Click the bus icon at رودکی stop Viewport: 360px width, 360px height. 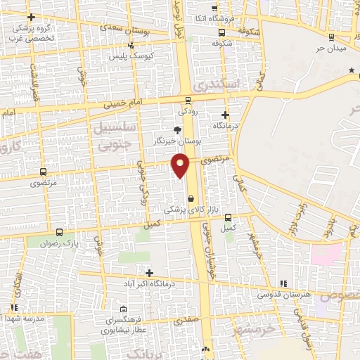coord(188,100)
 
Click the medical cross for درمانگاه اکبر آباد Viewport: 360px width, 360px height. coord(149,272)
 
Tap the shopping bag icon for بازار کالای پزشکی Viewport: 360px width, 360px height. coord(191,199)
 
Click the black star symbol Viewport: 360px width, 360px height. coord(352,70)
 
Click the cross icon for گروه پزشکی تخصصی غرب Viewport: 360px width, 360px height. coord(30,17)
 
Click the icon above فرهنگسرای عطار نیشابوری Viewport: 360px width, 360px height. coord(124,309)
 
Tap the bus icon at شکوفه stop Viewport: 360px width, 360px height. coord(221,32)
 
